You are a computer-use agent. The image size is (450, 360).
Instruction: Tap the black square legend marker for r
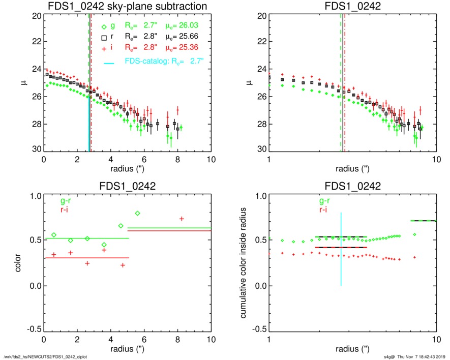click(104, 37)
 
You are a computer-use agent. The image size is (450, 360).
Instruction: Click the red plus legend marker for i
click(104, 48)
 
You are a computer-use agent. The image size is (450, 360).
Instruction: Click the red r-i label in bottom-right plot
click(323, 209)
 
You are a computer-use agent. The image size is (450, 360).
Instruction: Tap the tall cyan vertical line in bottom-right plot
click(341, 249)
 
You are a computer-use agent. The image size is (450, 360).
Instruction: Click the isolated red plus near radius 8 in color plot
click(182, 219)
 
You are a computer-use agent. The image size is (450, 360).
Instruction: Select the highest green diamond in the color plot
click(137, 213)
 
